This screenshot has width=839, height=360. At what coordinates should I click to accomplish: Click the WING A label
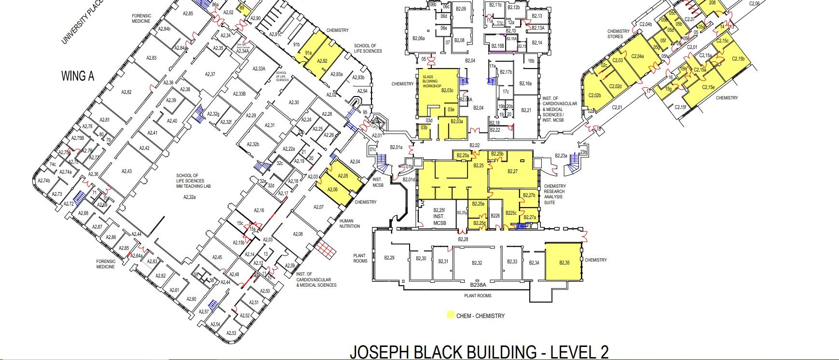(78, 76)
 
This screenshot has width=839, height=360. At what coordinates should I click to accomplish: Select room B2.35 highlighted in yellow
(564, 263)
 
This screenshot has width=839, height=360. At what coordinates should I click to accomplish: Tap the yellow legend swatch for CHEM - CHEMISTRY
(450, 316)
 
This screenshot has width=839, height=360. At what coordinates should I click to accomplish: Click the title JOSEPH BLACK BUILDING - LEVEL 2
(479, 351)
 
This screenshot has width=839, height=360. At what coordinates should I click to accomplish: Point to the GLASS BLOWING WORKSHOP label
(432, 82)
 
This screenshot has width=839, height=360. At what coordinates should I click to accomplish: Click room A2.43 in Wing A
(126, 171)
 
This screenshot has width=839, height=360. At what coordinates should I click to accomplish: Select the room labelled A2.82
(126, 92)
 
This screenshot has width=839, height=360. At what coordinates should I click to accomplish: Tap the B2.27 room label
(512, 171)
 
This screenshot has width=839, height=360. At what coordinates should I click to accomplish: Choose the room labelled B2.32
(477, 263)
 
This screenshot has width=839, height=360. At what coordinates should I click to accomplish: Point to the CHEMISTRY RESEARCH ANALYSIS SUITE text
(555, 194)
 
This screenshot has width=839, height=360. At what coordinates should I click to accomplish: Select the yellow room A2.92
(322, 61)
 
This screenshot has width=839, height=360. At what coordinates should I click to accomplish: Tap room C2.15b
(738, 59)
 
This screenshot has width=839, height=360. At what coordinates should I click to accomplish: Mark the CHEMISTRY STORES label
(618, 34)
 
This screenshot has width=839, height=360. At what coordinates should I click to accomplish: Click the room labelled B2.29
(389, 258)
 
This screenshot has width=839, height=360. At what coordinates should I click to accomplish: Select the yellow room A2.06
(332, 190)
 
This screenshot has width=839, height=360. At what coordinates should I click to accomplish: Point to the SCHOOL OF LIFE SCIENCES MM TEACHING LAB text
(193, 181)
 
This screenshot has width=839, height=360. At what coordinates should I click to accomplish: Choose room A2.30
(294, 102)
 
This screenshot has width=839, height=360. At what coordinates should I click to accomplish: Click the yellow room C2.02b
(594, 95)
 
